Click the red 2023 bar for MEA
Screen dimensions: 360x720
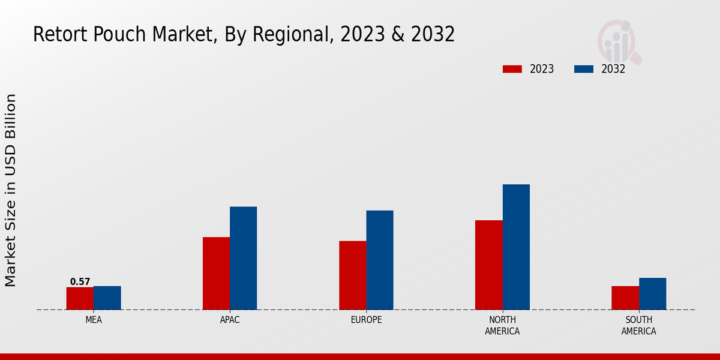80,298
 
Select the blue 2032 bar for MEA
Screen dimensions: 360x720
107,298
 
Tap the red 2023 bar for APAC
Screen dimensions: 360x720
216,273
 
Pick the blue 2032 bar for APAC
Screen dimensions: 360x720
243,258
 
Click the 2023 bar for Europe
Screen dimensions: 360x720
352,275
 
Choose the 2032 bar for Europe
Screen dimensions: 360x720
380,260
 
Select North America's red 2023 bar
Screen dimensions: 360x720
488,265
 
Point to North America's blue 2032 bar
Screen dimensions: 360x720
516,247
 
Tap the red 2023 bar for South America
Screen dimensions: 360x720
625,298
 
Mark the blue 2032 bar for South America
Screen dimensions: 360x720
652,293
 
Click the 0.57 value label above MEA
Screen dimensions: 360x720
80,281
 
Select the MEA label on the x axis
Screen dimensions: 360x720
94,320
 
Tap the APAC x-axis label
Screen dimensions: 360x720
230,320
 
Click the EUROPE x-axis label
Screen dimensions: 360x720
366,320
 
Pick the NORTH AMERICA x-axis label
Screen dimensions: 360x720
502,325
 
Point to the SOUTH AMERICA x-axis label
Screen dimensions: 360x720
638,325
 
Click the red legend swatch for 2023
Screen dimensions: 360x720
512,69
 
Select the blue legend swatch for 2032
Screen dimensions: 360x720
583,69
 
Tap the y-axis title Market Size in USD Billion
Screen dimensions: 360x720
11,190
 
